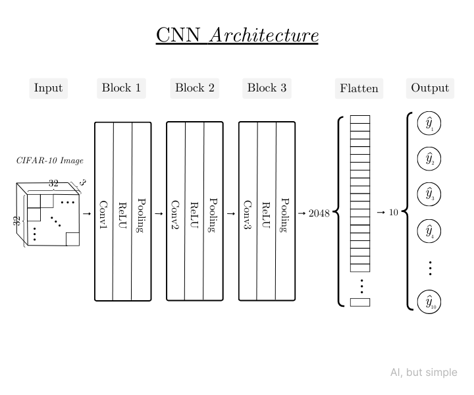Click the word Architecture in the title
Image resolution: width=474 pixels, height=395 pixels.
(263, 35)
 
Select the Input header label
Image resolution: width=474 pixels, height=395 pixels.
(48, 88)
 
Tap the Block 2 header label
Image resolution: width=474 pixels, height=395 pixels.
(195, 88)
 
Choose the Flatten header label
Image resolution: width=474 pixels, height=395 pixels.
(359, 88)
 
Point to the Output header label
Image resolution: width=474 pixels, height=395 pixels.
(430, 88)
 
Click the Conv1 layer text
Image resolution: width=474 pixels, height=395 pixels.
(103, 215)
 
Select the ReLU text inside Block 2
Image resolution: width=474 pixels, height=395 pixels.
(194, 215)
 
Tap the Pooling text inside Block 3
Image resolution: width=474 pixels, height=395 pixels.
(285, 215)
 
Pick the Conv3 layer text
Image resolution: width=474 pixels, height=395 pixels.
(248, 215)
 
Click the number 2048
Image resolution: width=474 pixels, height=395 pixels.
(319, 213)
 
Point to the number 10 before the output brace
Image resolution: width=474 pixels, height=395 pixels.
(393, 213)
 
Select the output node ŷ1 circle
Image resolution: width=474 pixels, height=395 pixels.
(429, 124)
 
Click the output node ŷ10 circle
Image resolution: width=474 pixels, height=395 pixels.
(429, 302)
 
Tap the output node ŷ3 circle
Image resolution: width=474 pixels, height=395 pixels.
(429, 195)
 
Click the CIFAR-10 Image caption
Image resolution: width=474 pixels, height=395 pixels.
(49, 161)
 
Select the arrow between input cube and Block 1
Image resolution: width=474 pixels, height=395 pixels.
(86, 213)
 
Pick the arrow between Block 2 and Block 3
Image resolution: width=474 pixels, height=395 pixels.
(230, 213)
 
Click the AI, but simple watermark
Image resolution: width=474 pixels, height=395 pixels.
(423, 373)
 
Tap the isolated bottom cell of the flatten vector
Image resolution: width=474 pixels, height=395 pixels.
(360, 302)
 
